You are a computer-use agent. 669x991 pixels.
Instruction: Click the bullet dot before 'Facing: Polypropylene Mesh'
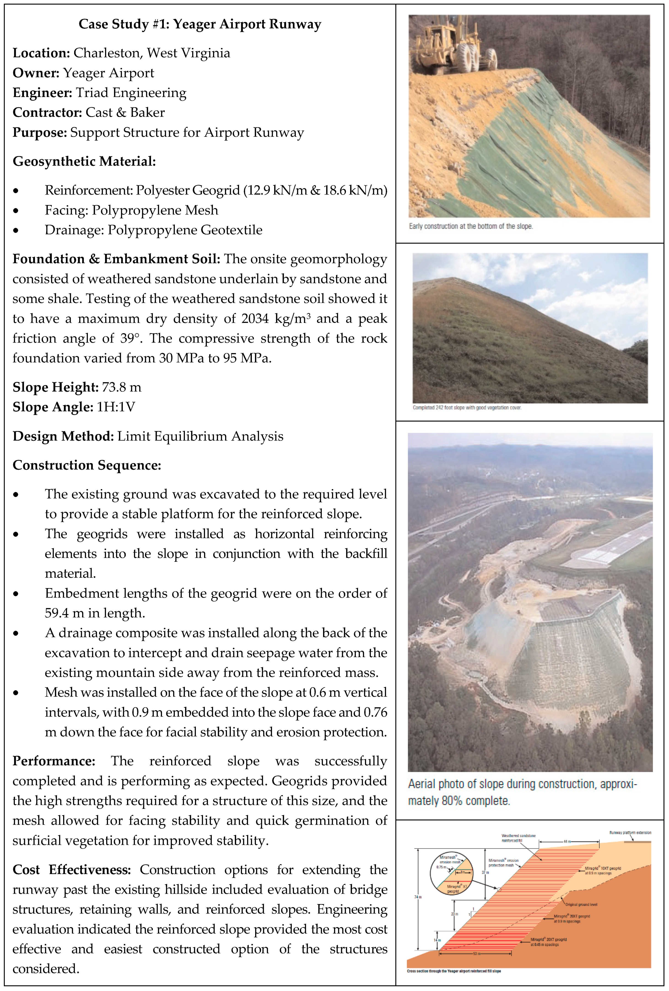(16, 210)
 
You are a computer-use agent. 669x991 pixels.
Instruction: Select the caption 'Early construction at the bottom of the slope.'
(471, 227)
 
